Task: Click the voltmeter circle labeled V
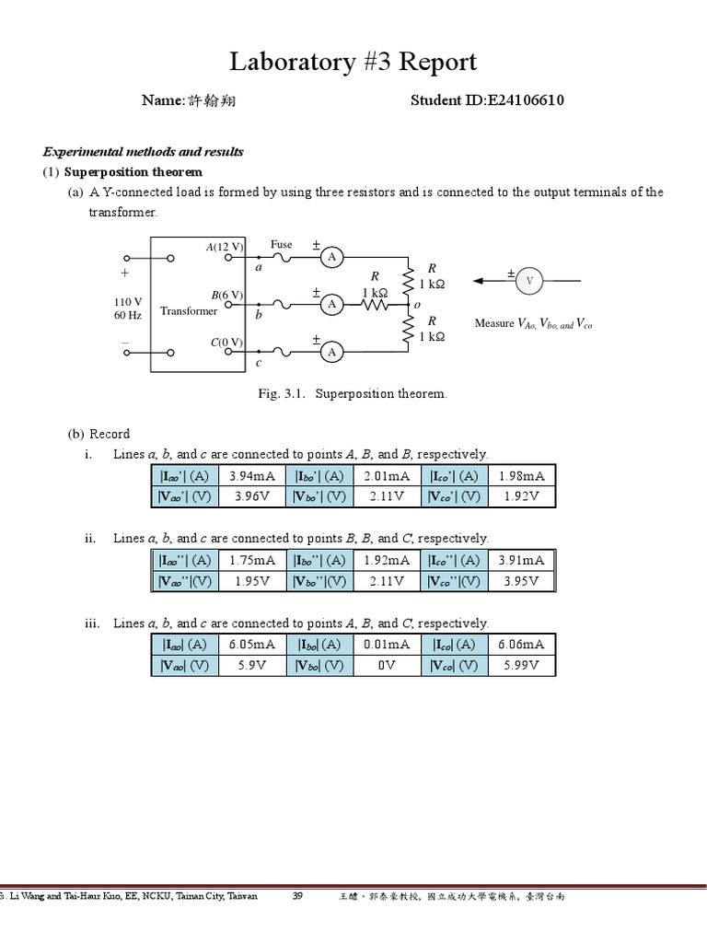528,280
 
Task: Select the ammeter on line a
331,258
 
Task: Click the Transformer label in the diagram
189,311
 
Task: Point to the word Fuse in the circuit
282,244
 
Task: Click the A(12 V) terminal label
225,247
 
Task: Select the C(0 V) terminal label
226,342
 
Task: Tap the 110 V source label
128,301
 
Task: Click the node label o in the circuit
417,305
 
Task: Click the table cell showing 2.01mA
387,476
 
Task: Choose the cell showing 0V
387,666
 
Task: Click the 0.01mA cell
387,645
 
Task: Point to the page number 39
297,896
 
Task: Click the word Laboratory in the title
290,62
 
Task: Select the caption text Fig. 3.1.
281,393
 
